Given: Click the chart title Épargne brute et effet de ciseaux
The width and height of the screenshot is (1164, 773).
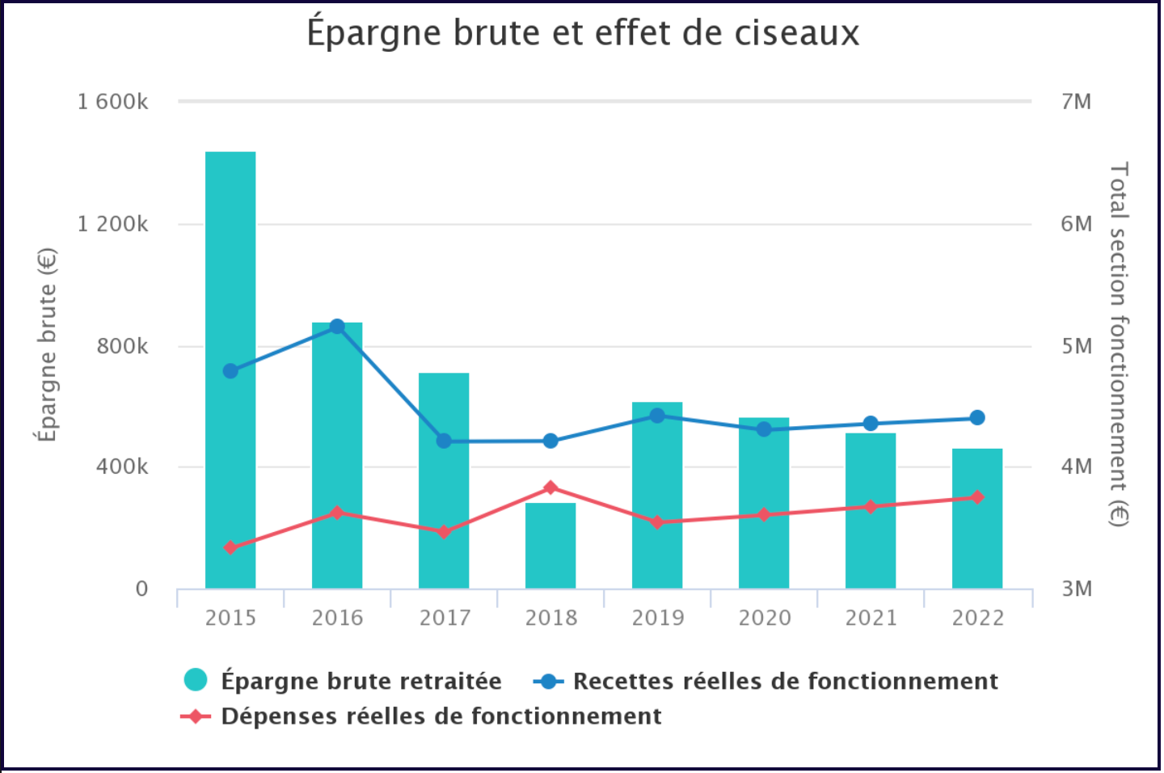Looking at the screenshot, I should click(582, 34).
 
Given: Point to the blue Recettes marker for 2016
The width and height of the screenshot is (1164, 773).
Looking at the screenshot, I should click(337, 327).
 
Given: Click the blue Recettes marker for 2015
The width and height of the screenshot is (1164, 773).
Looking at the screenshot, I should click(230, 371).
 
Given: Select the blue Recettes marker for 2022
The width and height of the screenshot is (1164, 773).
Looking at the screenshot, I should click(977, 418).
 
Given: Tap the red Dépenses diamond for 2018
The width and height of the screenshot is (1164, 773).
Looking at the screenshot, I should click(550, 488).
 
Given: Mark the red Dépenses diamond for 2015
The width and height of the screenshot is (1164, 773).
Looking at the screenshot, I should click(230, 548).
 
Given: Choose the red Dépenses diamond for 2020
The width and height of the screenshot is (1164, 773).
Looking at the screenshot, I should click(764, 515).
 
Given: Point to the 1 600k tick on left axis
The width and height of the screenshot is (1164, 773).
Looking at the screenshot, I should click(113, 102).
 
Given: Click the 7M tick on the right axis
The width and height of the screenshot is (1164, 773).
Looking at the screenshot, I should click(1076, 102).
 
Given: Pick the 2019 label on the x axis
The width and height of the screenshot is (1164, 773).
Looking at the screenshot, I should click(657, 618).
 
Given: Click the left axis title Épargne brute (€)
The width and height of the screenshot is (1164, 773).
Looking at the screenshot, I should click(47, 345).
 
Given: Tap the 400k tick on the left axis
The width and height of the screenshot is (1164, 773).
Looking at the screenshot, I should click(122, 467).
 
